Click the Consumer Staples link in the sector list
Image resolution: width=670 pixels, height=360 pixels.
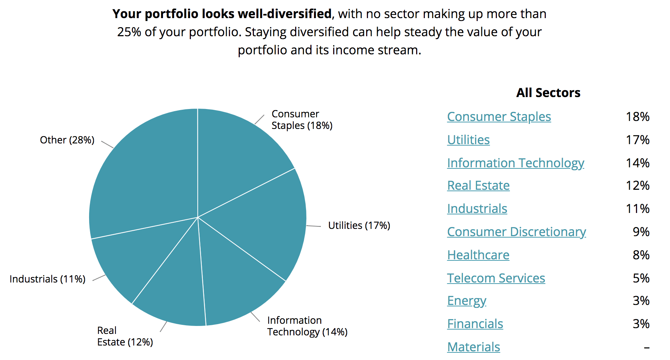click(499, 117)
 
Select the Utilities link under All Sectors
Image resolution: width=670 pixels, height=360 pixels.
click(468, 140)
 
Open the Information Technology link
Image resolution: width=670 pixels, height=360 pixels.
click(515, 163)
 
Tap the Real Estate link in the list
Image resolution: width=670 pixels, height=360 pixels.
click(478, 185)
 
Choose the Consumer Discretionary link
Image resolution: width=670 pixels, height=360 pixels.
click(516, 232)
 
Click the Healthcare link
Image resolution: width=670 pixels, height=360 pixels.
click(478, 255)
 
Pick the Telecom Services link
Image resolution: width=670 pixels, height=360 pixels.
click(496, 278)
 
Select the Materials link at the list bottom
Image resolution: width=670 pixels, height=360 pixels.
click(473, 347)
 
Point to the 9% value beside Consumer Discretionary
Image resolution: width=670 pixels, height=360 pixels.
click(641, 232)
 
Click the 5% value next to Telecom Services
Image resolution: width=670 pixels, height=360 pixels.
click(641, 278)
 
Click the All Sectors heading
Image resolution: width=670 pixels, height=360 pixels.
click(548, 93)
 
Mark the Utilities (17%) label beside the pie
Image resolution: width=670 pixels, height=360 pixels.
click(359, 226)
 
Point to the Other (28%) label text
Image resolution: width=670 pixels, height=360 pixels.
click(67, 140)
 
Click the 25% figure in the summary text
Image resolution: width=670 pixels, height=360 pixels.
click(129, 32)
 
